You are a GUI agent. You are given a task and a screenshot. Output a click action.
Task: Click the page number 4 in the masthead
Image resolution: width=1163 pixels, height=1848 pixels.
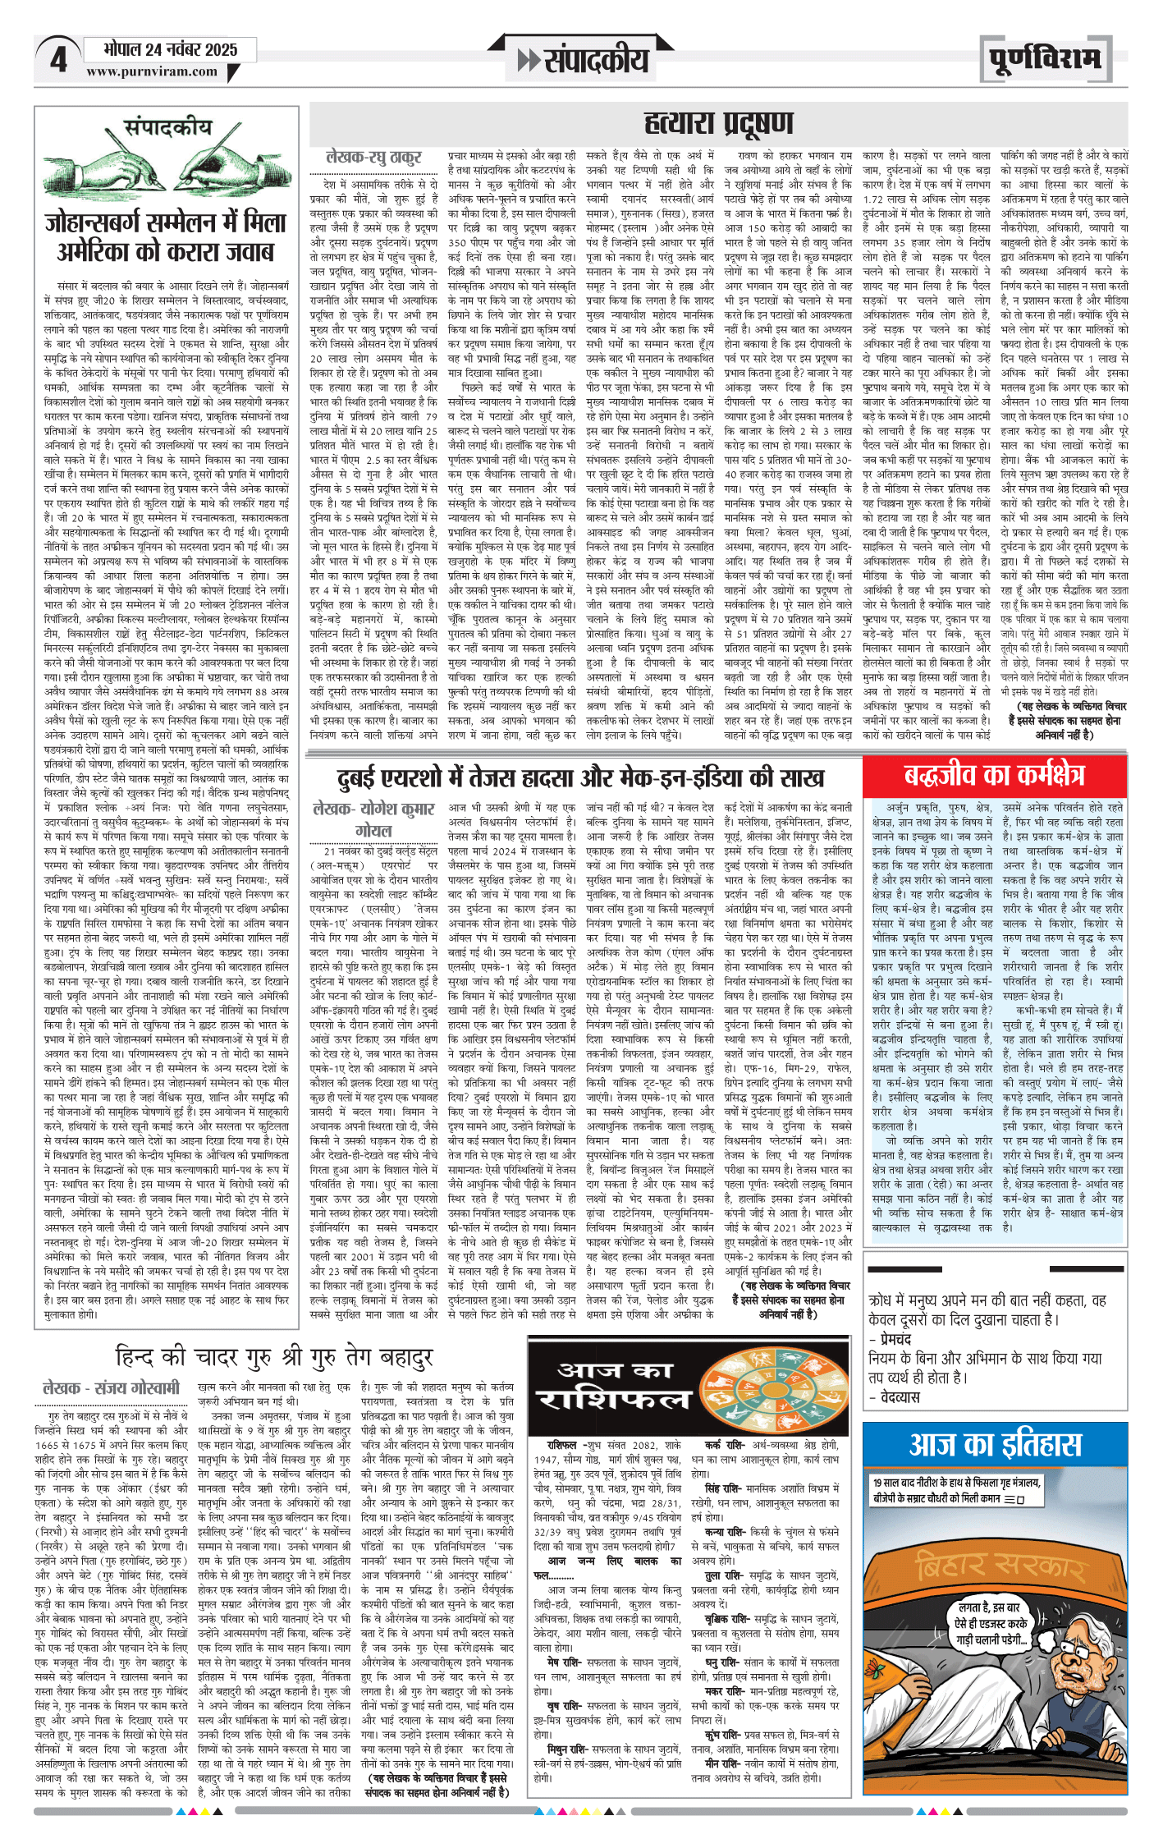click(x=58, y=60)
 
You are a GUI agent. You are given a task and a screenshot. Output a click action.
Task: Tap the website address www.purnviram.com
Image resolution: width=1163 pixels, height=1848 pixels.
click(x=152, y=71)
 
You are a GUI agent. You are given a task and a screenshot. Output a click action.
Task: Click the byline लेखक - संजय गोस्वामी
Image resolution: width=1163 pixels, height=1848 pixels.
click(x=110, y=1387)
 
